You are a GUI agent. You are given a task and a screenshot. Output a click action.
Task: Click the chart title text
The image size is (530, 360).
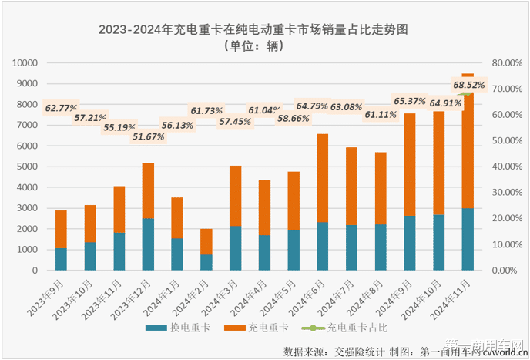[x=253, y=30]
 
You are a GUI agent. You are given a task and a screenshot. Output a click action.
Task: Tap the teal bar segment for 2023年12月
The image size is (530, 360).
[x=148, y=244]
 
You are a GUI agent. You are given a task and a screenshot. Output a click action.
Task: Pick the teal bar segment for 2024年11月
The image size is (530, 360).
[x=468, y=239]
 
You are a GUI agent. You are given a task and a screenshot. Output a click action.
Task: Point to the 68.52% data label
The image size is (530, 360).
[x=468, y=85]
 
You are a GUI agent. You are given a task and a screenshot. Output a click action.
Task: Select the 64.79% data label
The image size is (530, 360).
[x=313, y=106]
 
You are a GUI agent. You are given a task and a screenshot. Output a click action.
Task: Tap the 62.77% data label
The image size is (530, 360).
[x=62, y=108]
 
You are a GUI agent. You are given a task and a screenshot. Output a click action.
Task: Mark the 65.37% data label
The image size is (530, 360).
[x=411, y=100]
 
